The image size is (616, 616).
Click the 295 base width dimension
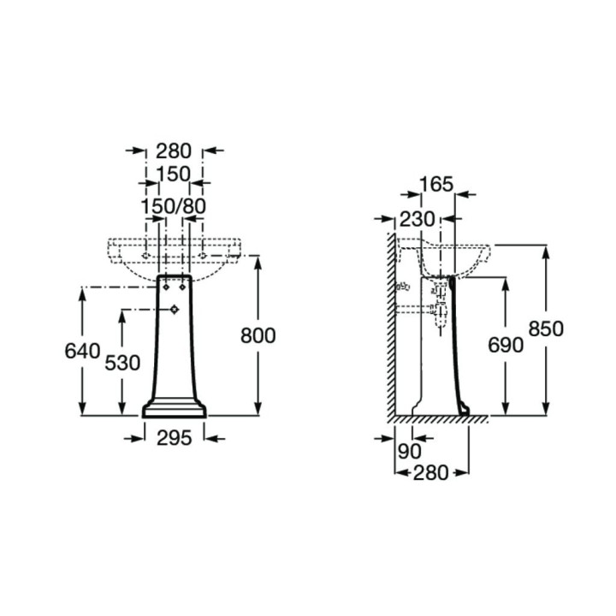[174, 438]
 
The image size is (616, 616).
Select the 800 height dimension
[258, 336]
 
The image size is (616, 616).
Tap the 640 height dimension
[82, 351]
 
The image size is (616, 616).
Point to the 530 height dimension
[122, 363]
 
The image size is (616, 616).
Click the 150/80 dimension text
[173, 206]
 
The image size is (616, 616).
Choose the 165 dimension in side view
[436, 184]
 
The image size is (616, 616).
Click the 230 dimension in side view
[418, 219]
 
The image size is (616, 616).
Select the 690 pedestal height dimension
[506, 346]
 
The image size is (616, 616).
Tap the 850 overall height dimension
[546, 329]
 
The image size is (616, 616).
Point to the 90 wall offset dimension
[409, 452]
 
